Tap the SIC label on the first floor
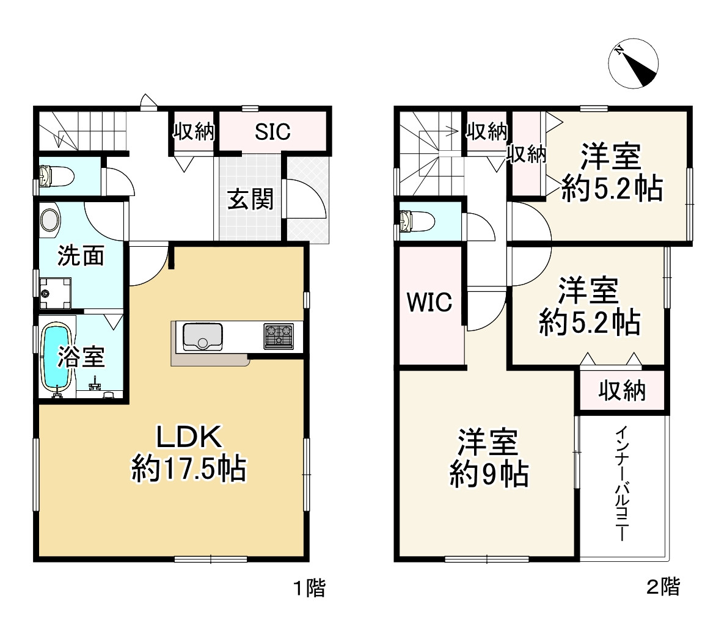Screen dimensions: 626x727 pos(272,131)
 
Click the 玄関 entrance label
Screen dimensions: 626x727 pos(250,198)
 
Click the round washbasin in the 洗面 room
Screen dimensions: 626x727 pos(50,221)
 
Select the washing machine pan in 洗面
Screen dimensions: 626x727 pos(55,293)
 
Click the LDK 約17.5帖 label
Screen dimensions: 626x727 pos(189,454)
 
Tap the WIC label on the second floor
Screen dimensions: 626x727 pos(429,302)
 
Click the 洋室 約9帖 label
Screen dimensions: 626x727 pos(489,458)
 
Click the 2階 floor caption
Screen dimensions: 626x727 pos(662,588)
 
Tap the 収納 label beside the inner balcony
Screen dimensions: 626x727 pos(622,390)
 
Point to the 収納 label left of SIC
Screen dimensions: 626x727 pos(194,131)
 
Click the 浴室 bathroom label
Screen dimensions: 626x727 pos(81,357)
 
